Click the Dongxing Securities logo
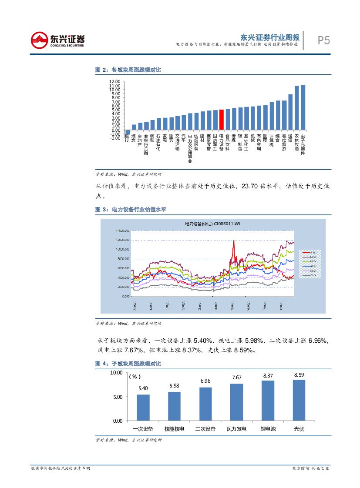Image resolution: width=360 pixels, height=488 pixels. [x=57, y=41]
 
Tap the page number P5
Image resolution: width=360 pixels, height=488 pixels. [x=323, y=41]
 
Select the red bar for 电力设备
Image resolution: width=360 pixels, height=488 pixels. [x=221, y=120]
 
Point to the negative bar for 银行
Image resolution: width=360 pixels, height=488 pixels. [x=128, y=133]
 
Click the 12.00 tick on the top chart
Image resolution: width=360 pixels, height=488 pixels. [x=114, y=82]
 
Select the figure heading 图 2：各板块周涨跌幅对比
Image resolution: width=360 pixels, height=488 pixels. [x=128, y=70]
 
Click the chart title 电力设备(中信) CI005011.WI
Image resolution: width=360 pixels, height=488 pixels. [x=213, y=224]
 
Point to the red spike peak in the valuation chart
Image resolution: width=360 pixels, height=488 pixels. [x=234, y=241]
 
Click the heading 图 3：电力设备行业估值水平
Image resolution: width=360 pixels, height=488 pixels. [x=131, y=210]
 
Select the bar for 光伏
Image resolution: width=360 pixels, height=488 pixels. [x=299, y=400]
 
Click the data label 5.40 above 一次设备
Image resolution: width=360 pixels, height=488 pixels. [x=143, y=388]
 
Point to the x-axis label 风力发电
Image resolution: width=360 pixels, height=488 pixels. [x=237, y=429]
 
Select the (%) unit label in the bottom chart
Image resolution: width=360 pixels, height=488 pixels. [x=135, y=377]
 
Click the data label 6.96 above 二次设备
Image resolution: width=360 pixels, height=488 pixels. [x=205, y=381]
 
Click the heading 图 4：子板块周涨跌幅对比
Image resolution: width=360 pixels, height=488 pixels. [x=128, y=363]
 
